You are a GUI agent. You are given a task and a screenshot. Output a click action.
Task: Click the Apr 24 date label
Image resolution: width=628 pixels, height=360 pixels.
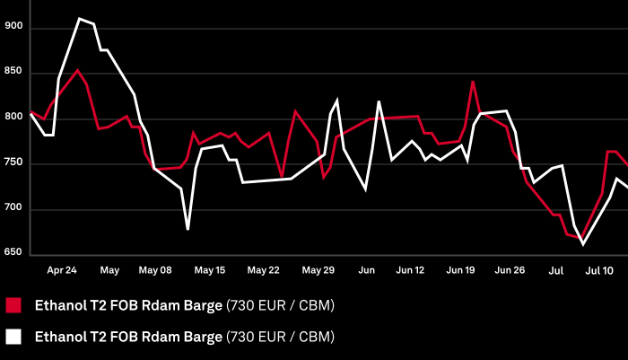[x=62, y=269]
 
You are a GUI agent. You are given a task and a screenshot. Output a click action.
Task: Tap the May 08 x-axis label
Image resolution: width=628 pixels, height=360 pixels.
[x=156, y=269]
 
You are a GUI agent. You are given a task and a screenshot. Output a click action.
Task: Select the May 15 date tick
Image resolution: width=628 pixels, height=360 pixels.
[x=210, y=269]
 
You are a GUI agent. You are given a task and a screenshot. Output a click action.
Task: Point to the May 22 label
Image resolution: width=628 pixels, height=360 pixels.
[x=263, y=269]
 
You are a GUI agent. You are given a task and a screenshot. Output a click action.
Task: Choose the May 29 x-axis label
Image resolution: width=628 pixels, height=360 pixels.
[x=318, y=269]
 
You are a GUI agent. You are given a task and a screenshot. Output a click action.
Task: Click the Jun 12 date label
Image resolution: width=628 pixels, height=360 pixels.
[x=410, y=269]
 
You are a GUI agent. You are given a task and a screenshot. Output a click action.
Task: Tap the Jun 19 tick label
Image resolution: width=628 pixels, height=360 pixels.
[x=460, y=269]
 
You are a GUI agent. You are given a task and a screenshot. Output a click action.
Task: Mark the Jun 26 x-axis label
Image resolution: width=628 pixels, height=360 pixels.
[x=510, y=269]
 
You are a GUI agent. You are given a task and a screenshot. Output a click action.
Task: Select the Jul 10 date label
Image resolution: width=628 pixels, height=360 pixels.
[x=600, y=269]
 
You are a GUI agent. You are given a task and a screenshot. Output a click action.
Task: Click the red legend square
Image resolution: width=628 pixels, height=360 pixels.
[x=13, y=305]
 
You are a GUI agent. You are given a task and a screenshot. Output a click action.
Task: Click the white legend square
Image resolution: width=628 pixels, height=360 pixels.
[x=13, y=338]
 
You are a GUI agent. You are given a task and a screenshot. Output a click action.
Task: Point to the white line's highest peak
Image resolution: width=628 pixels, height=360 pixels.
[x=80, y=18]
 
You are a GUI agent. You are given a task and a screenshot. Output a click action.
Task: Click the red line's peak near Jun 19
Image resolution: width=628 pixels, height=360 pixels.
[x=473, y=81]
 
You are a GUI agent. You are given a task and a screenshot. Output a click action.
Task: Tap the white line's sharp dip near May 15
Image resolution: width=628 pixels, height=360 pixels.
[x=188, y=229]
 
